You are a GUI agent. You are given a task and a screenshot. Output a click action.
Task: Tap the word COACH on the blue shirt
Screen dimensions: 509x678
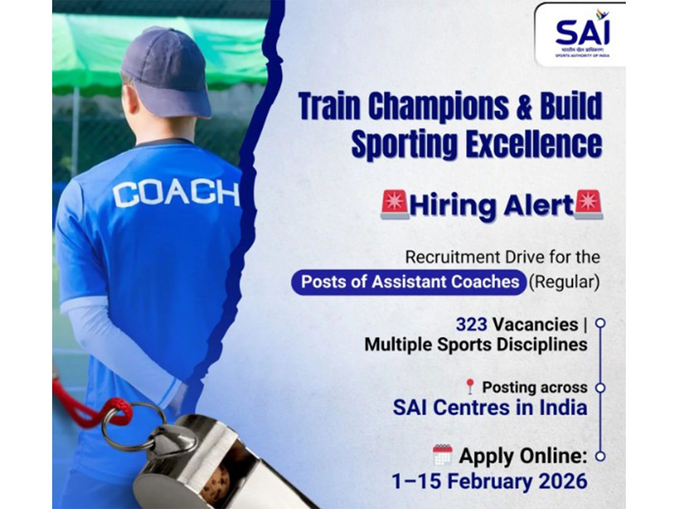(x=175, y=194)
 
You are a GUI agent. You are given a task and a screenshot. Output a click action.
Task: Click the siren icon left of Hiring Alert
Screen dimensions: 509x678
(x=395, y=204)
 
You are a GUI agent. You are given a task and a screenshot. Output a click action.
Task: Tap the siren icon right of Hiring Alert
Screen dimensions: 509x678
(x=588, y=204)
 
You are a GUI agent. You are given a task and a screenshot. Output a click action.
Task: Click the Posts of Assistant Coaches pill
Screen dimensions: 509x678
(x=410, y=282)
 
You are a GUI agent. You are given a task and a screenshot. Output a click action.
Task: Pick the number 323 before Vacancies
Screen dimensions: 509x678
(x=472, y=324)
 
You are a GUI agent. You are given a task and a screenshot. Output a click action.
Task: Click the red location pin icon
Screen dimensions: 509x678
(x=470, y=386)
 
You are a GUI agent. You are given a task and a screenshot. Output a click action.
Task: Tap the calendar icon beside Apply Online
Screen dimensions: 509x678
(x=443, y=455)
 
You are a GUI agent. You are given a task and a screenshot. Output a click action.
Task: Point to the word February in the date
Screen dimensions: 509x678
(x=486, y=481)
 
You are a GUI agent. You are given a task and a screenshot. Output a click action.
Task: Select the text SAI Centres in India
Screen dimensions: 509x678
(x=490, y=408)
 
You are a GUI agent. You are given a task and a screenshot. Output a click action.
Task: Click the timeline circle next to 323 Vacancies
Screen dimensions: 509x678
(x=600, y=324)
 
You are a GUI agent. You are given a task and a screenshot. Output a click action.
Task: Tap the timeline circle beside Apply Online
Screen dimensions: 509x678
(x=600, y=456)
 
